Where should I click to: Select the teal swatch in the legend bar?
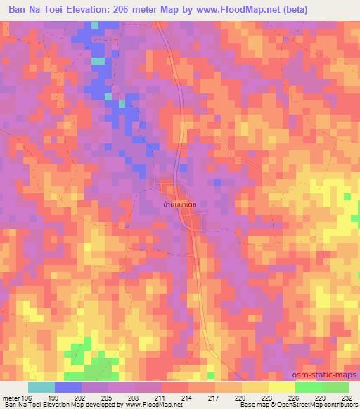[x=41, y=387]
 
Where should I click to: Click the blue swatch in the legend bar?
[x=68, y=387]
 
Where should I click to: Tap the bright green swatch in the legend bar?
[x=308, y=387]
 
